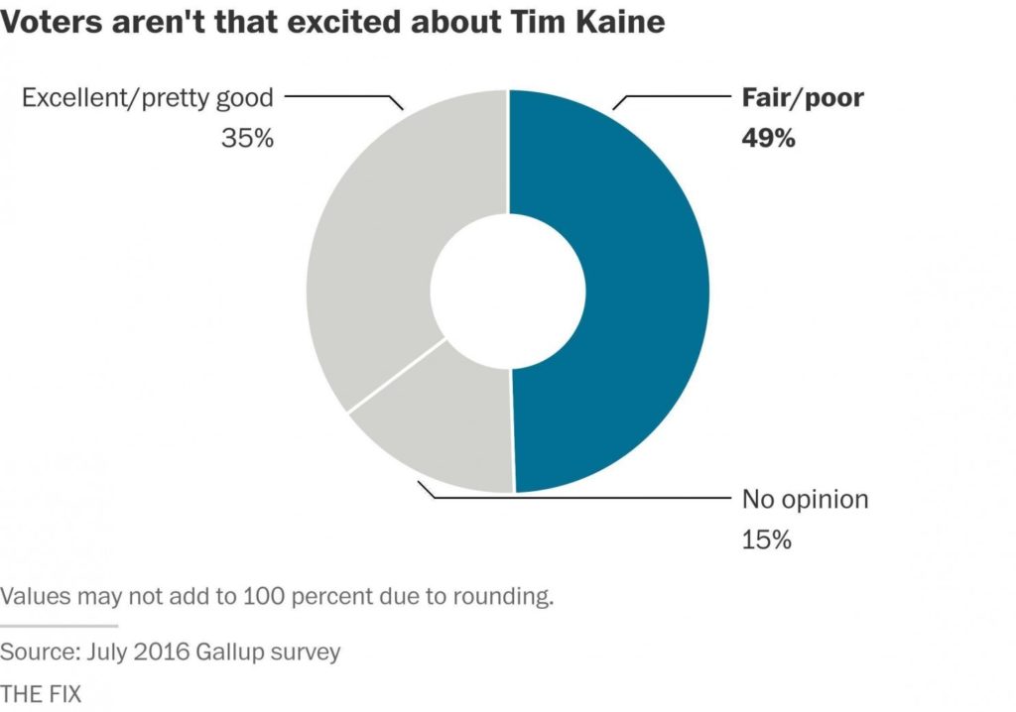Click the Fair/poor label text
(803, 98)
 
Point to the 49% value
(768, 138)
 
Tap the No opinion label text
(805, 499)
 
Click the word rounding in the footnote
(500, 597)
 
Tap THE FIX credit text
(41, 692)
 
